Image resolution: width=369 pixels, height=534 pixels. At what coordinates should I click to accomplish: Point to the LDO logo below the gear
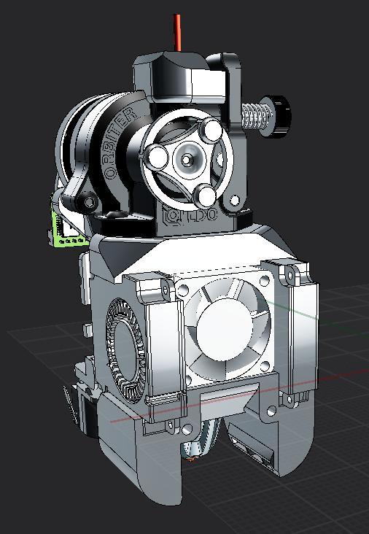pyautogui.click(x=190, y=216)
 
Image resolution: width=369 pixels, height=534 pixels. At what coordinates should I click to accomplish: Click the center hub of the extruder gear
pyautogui.click(x=187, y=157)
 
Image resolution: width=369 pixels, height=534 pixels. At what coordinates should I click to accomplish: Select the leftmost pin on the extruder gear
pyautogui.click(x=155, y=155)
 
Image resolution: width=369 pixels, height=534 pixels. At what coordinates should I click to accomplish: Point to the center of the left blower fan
pyautogui.click(x=125, y=342)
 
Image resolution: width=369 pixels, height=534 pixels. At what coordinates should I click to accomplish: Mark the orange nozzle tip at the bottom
pyautogui.click(x=192, y=459)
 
